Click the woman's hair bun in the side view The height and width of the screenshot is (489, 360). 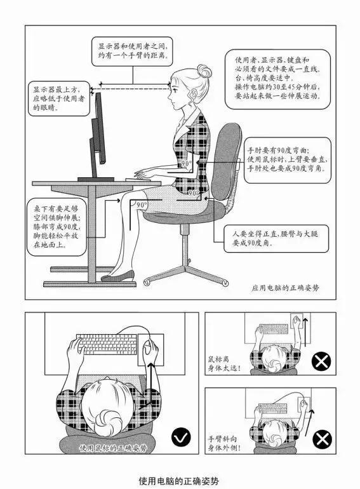coord(204,70)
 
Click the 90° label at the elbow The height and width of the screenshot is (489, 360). coord(186,164)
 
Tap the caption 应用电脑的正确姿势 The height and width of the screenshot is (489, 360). coord(285,286)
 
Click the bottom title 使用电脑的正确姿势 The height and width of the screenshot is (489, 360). coord(180,481)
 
